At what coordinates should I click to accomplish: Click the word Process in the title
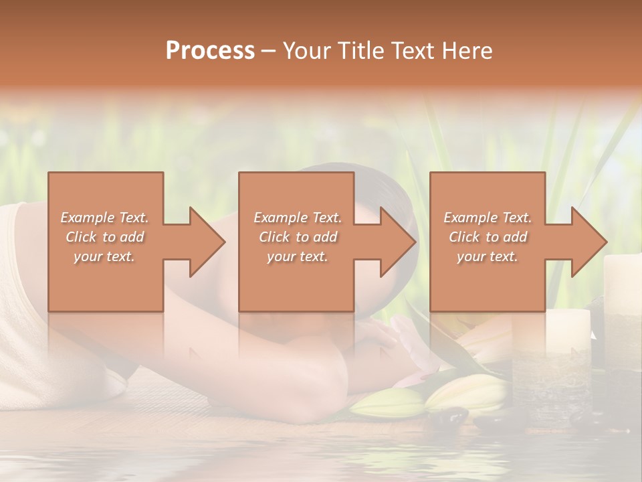coord(210,51)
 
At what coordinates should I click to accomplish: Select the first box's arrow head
coord(204,242)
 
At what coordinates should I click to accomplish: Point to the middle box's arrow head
coord(395,242)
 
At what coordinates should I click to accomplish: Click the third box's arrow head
coord(586,242)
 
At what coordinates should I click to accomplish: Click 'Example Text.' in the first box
coord(104,218)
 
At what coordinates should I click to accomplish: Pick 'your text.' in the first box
coord(104,256)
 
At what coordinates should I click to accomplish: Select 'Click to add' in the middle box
coord(298,237)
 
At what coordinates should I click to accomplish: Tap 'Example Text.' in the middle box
coord(298,218)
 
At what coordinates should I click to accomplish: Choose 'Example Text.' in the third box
coord(488,218)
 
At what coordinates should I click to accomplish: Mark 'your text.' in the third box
coord(488,256)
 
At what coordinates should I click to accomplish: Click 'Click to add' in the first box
coord(104,237)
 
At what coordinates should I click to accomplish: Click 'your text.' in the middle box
coord(298,256)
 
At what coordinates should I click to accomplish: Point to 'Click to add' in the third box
coord(488,237)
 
